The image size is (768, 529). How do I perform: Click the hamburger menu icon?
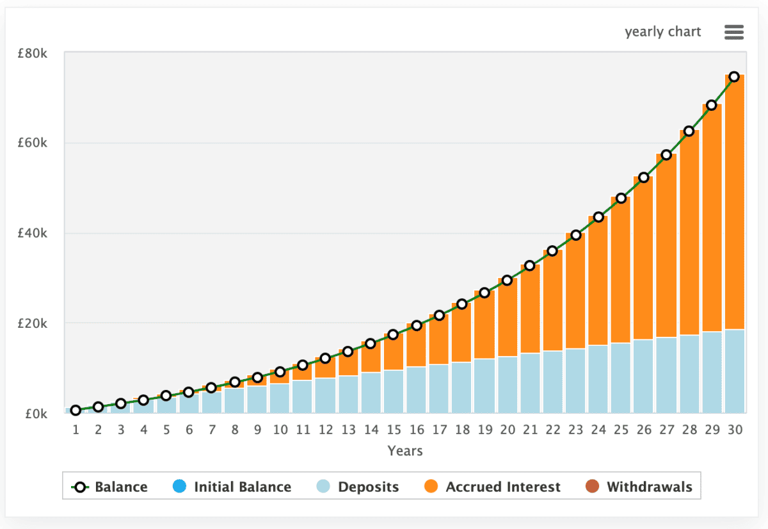click(x=733, y=32)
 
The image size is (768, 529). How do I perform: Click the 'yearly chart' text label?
click(x=663, y=32)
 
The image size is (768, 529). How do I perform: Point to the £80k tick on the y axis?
click(x=32, y=53)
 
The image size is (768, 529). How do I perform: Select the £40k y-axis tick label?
click(x=32, y=234)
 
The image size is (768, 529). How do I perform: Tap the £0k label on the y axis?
click(x=35, y=414)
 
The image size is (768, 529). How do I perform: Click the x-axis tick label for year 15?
click(x=394, y=430)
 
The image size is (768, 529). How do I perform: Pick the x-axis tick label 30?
click(x=735, y=430)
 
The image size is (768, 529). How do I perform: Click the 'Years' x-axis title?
click(x=405, y=451)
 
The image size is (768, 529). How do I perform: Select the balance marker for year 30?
click(x=735, y=77)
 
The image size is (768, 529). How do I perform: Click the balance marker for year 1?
click(x=76, y=411)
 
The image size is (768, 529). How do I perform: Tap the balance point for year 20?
click(x=508, y=280)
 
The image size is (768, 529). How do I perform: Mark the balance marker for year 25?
click(x=621, y=198)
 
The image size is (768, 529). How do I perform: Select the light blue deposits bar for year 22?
click(x=553, y=382)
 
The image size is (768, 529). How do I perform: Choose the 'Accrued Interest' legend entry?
click(x=492, y=487)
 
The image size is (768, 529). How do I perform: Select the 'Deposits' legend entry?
click(x=358, y=487)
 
